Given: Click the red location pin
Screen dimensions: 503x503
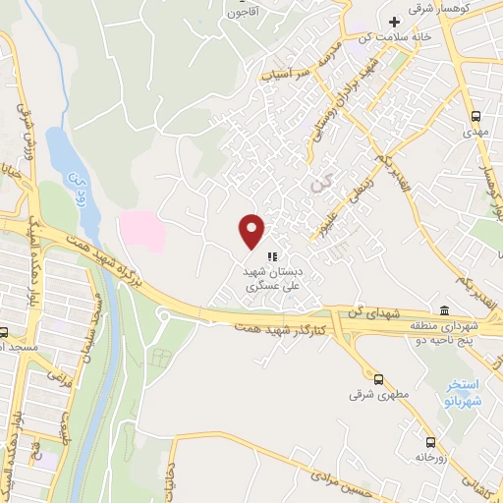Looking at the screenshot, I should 253,231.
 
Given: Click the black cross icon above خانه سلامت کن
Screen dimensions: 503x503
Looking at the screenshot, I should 395,22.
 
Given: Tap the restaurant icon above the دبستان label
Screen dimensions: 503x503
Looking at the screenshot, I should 272,256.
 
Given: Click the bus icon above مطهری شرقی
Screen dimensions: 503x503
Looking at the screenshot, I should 378,378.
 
